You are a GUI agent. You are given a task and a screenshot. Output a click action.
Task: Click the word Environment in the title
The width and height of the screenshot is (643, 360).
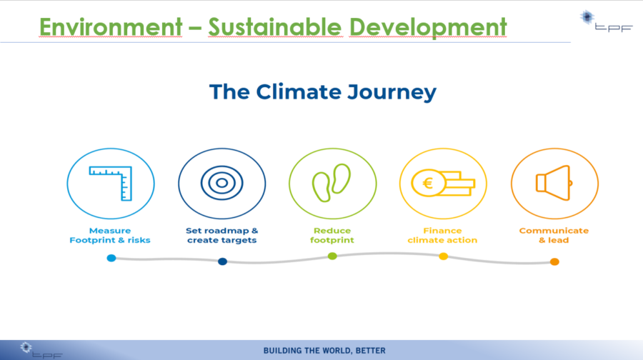110,27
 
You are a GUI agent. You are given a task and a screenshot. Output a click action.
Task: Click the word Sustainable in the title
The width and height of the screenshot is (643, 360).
275,27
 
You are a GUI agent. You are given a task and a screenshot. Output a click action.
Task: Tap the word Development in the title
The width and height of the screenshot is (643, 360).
428,27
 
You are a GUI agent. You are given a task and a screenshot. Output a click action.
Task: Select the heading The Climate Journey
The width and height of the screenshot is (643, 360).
323,92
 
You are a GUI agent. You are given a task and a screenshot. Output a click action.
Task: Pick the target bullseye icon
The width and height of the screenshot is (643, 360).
222,183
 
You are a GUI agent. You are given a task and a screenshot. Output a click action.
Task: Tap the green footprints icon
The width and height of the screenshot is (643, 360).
332,183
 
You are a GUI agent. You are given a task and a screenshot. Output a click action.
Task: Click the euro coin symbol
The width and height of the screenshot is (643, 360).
428,183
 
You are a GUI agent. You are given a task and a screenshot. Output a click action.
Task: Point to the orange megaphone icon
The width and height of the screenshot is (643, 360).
554,183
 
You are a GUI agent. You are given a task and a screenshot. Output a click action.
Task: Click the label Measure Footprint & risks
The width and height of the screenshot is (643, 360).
110,235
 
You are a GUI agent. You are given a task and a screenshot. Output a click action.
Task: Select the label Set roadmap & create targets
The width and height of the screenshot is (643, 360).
222,235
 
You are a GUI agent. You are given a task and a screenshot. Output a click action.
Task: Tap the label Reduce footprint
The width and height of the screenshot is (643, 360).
332,235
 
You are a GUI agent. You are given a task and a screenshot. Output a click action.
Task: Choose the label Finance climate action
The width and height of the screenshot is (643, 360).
442,235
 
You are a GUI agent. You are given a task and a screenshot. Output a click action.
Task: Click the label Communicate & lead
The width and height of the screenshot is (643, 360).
554,235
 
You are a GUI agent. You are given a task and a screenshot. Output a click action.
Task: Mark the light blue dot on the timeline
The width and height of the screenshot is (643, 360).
111,258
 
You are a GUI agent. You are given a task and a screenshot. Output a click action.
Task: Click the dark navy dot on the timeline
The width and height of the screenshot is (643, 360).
222,261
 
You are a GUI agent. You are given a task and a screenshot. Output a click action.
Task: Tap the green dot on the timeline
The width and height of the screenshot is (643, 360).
332,256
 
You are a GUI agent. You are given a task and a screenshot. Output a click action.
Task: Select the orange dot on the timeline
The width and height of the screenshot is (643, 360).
554,261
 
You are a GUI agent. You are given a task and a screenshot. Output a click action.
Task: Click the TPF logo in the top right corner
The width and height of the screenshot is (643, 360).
606,21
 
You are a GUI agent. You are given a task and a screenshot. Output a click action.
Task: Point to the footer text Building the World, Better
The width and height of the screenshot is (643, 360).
324,351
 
